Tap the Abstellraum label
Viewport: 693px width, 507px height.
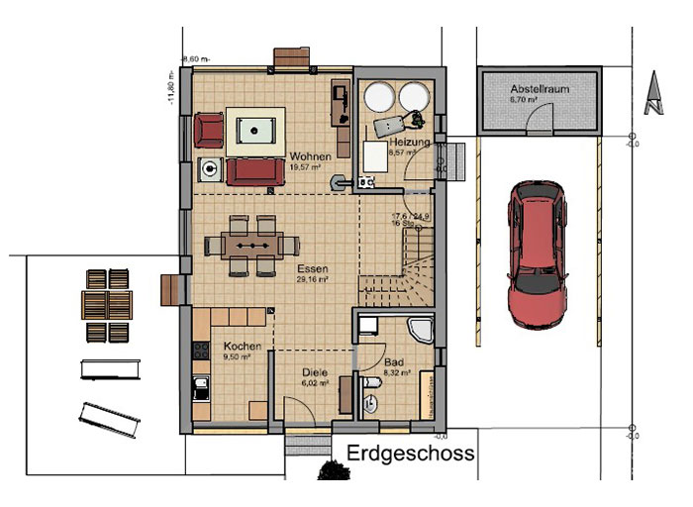(x=539, y=88)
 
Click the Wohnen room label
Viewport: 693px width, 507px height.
(x=309, y=156)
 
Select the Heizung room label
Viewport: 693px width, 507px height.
(x=409, y=144)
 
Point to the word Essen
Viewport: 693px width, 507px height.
(x=311, y=268)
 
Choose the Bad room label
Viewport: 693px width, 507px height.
(x=392, y=363)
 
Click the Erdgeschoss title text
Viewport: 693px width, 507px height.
(x=411, y=454)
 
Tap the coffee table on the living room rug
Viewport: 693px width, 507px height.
(x=255, y=130)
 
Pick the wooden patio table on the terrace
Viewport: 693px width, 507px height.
(x=106, y=303)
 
